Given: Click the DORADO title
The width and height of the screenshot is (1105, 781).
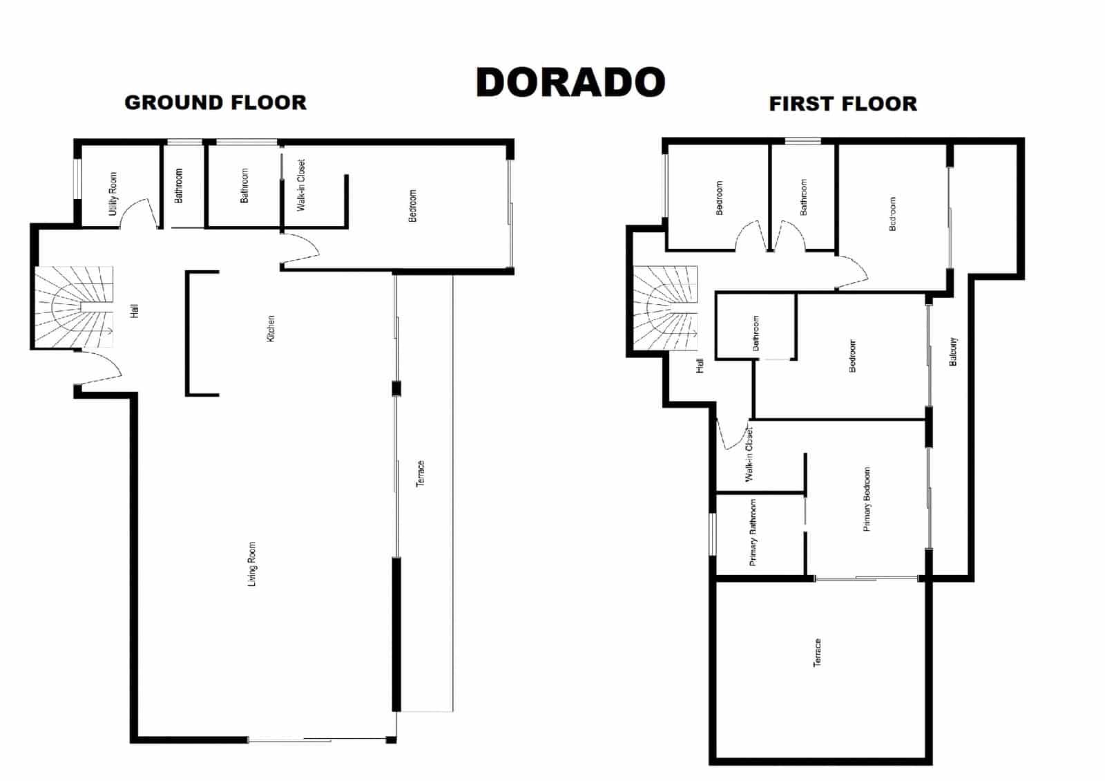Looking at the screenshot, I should (x=570, y=82).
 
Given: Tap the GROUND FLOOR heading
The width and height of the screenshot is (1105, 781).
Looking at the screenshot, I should (x=215, y=103).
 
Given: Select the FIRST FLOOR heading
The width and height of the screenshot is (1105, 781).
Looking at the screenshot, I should (x=843, y=104).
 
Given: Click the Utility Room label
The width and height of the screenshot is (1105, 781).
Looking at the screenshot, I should (x=113, y=194).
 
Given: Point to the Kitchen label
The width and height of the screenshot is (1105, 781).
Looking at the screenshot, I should (x=271, y=328).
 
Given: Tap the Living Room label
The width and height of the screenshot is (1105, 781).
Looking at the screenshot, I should (x=252, y=564).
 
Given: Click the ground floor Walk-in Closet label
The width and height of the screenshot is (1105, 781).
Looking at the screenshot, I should (x=300, y=185).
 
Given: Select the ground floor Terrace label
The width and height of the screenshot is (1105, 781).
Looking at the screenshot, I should (x=421, y=473).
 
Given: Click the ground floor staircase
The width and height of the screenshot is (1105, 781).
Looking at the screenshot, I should (x=74, y=307).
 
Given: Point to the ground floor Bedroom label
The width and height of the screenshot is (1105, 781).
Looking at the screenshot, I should (x=413, y=205).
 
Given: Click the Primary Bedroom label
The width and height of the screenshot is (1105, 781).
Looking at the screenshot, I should (x=867, y=499).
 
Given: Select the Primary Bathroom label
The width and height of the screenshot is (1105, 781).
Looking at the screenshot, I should (x=753, y=532).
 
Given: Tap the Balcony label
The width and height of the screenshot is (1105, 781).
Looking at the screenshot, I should (x=953, y=351).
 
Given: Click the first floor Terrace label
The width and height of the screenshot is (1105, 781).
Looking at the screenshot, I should (x=817, y=652).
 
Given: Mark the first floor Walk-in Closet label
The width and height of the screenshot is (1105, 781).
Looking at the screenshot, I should (x=749, y=454).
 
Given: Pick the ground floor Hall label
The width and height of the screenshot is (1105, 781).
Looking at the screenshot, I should (x=135, y=311).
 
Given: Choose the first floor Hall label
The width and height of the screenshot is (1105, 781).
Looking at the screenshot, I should (x=700, y=366).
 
